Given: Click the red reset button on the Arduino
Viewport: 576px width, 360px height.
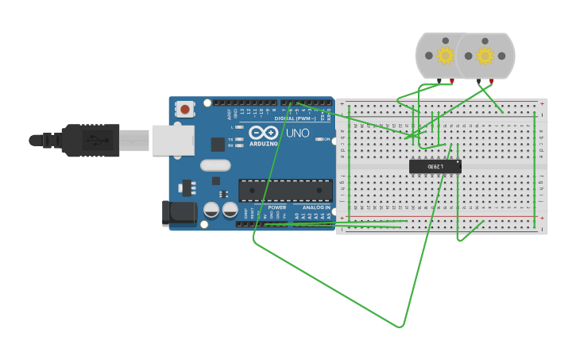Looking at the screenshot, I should (x=185, y=109).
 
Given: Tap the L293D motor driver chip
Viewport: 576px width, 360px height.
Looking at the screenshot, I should (x=435, y=166).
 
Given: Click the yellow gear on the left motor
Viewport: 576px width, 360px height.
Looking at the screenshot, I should (x=445, y=56).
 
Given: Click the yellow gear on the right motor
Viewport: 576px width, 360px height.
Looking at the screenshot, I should (x=485, y=56).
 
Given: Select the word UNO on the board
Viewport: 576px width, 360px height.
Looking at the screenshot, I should (x=298, y=133).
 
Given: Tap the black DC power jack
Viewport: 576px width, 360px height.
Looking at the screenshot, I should (x=178, y=212).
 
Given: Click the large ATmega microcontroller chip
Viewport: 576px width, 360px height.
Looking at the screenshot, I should (x=285, y=191).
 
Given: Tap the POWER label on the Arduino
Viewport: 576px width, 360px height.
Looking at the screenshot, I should (x=276, y=207).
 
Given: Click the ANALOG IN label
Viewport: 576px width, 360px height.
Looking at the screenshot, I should (x=316, y=207).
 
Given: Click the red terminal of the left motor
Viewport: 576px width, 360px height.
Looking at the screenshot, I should (x=452, y=81).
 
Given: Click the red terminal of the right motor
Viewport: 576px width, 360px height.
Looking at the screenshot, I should (x=492, y=80).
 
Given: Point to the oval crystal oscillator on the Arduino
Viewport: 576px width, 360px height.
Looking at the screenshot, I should (x=215, y=165).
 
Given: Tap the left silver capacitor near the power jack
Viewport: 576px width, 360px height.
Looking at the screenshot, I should (x=211, y=210).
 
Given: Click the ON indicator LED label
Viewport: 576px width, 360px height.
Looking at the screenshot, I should (x=325, y=139).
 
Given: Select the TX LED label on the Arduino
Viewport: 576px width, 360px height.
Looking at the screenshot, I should (x=230, y=139).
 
